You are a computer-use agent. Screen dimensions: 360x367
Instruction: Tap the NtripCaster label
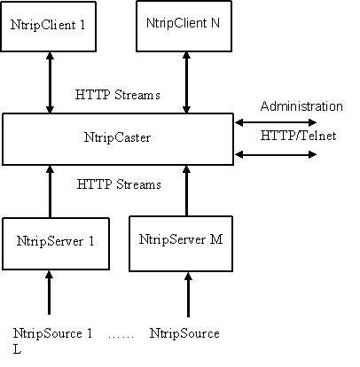117,137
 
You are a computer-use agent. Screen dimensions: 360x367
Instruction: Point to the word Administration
301,106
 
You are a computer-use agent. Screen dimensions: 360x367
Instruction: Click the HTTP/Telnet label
298,136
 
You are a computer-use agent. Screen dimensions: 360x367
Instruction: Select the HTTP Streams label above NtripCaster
118,95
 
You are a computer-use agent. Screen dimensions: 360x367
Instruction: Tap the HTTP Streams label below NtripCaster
119,184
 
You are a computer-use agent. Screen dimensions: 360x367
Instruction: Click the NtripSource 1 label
52,333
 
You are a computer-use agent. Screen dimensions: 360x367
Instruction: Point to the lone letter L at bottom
17,349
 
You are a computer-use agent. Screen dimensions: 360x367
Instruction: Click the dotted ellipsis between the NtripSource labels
121,337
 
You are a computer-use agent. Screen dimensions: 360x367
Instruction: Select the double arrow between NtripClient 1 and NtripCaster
50,82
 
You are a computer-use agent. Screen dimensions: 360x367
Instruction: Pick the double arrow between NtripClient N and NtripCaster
186,82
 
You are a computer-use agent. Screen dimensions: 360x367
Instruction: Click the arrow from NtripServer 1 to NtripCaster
50,191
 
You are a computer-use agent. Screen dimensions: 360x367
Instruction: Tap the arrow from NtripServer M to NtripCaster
186,191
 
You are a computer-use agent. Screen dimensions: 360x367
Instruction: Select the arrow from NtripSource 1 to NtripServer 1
49,293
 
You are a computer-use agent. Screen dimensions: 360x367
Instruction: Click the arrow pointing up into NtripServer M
188,294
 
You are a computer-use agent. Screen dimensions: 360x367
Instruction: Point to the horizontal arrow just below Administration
276,122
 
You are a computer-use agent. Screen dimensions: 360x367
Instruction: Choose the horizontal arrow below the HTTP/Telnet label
276,154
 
